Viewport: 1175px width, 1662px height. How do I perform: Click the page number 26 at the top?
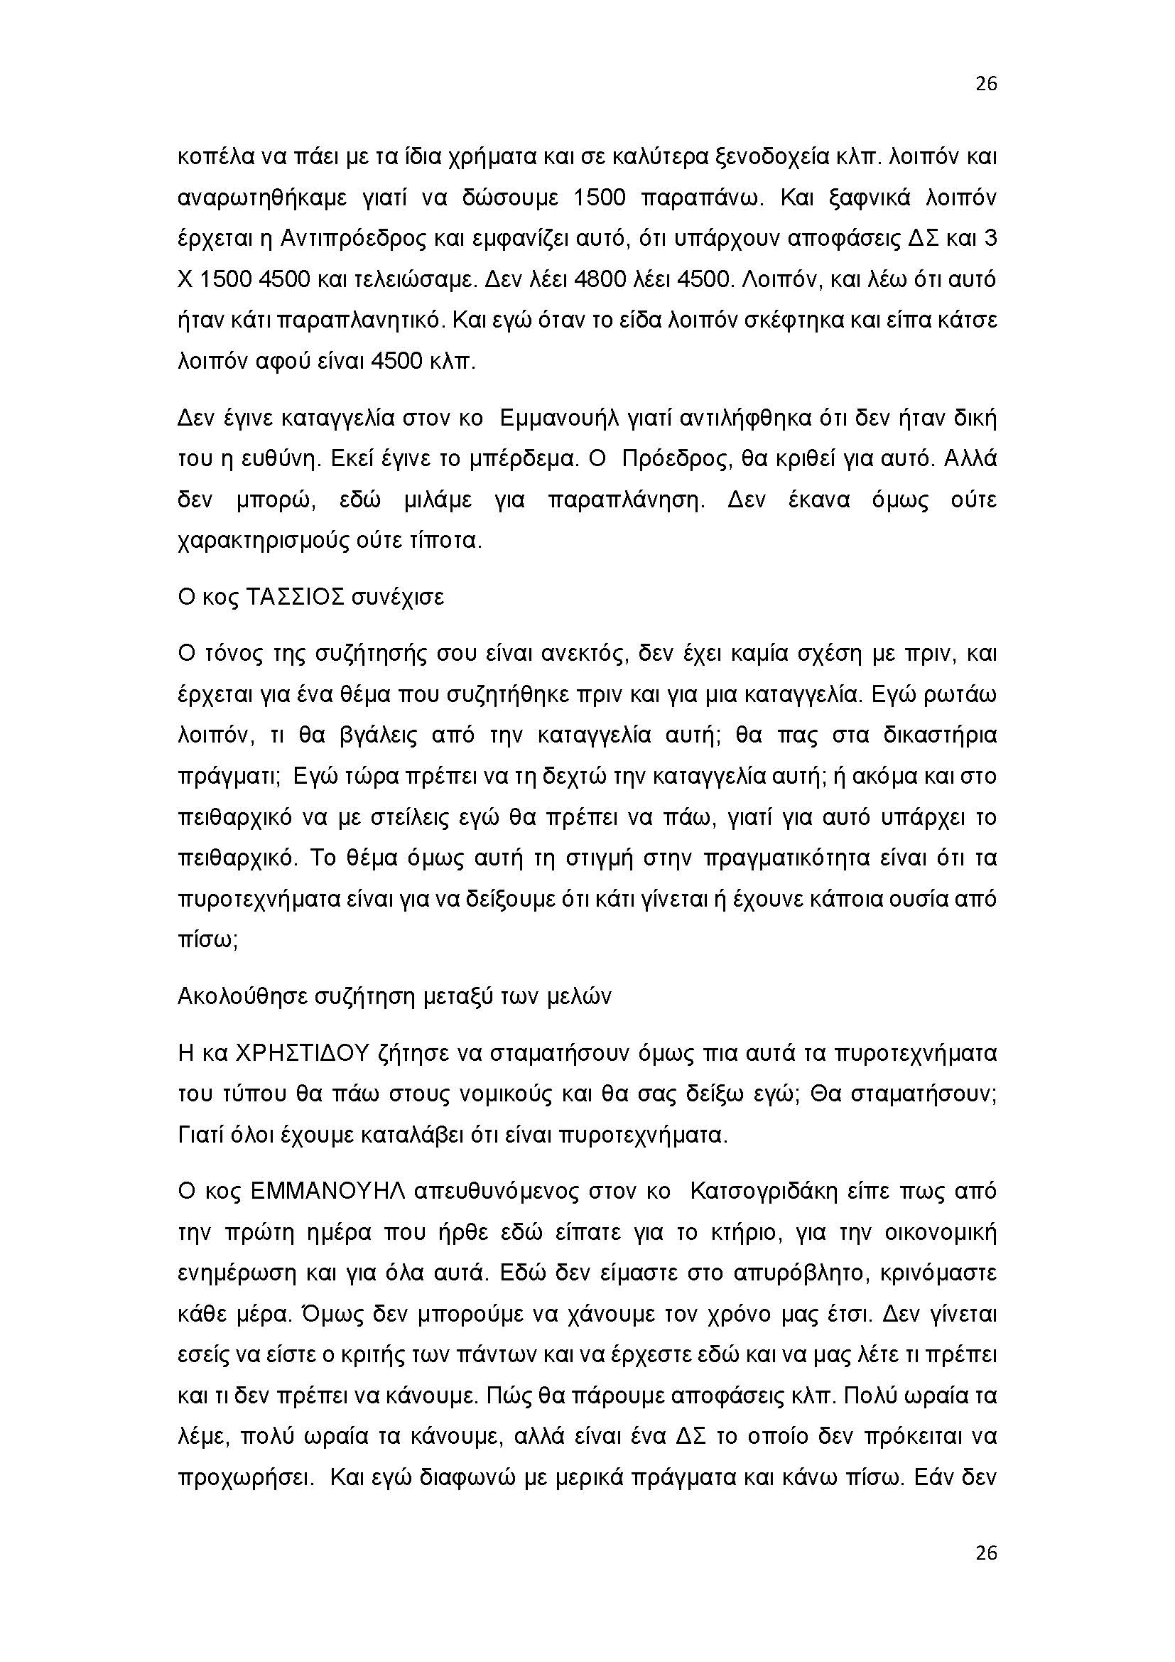click(x=986, y=85)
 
